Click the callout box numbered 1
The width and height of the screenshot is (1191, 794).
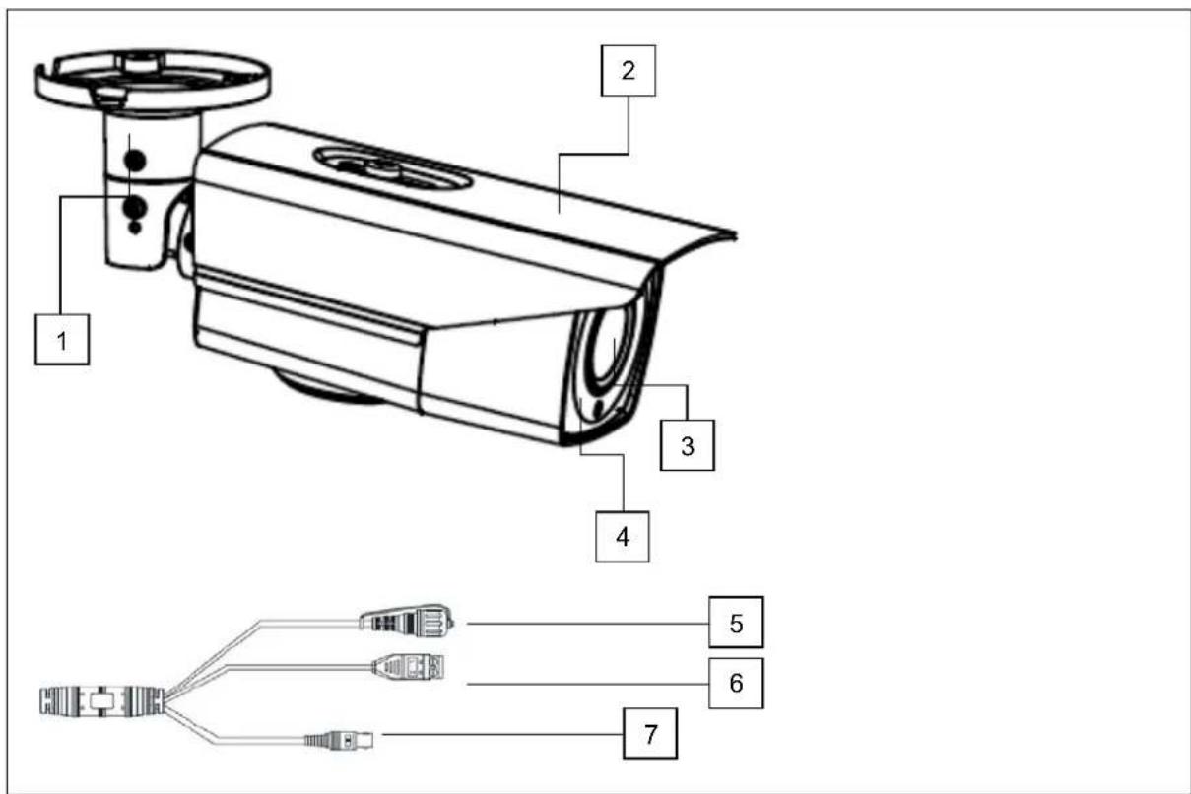coord(60,340)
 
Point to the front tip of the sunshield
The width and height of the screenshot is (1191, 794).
coord(731,234)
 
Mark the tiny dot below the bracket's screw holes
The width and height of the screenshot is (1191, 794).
coord(135,229)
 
